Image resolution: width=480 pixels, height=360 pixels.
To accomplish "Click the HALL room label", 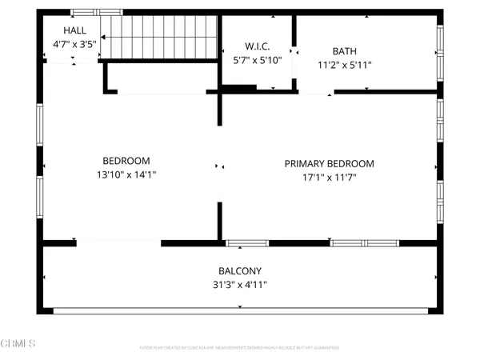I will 64,30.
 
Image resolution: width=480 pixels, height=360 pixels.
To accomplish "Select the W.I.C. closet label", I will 257,45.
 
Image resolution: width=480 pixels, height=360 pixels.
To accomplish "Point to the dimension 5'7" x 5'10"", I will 257,59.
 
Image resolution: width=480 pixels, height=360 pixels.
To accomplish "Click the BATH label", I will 345,50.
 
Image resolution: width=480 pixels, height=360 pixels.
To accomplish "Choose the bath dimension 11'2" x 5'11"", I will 345,65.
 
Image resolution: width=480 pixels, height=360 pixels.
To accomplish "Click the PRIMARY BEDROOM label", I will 329,164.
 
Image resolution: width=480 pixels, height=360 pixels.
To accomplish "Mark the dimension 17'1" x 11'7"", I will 329,178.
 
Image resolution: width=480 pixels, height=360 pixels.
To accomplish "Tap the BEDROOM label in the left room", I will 126,160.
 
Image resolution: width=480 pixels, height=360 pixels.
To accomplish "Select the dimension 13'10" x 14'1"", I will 126,174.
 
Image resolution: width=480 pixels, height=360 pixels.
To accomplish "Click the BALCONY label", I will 240,270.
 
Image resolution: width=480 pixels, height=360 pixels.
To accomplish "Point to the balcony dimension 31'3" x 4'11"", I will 240,284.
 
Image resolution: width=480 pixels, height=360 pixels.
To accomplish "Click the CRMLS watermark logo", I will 18,345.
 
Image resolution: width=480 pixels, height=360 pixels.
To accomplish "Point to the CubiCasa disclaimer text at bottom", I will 240,348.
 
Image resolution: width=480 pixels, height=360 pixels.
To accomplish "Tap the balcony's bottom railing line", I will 240,310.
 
